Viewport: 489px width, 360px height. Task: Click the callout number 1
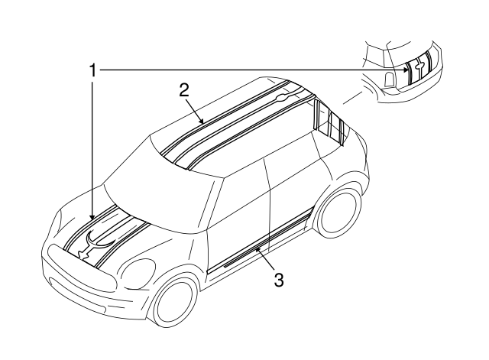92,70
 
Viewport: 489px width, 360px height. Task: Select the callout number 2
184,90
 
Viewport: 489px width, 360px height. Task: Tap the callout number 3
279,280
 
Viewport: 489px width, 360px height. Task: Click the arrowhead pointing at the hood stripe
92,216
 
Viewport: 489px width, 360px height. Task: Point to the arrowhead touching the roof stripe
202,122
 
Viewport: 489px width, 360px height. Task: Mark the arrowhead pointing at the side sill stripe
258,249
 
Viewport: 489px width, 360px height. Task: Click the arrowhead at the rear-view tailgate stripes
406,70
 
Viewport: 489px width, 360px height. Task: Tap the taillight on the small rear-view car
389,79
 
